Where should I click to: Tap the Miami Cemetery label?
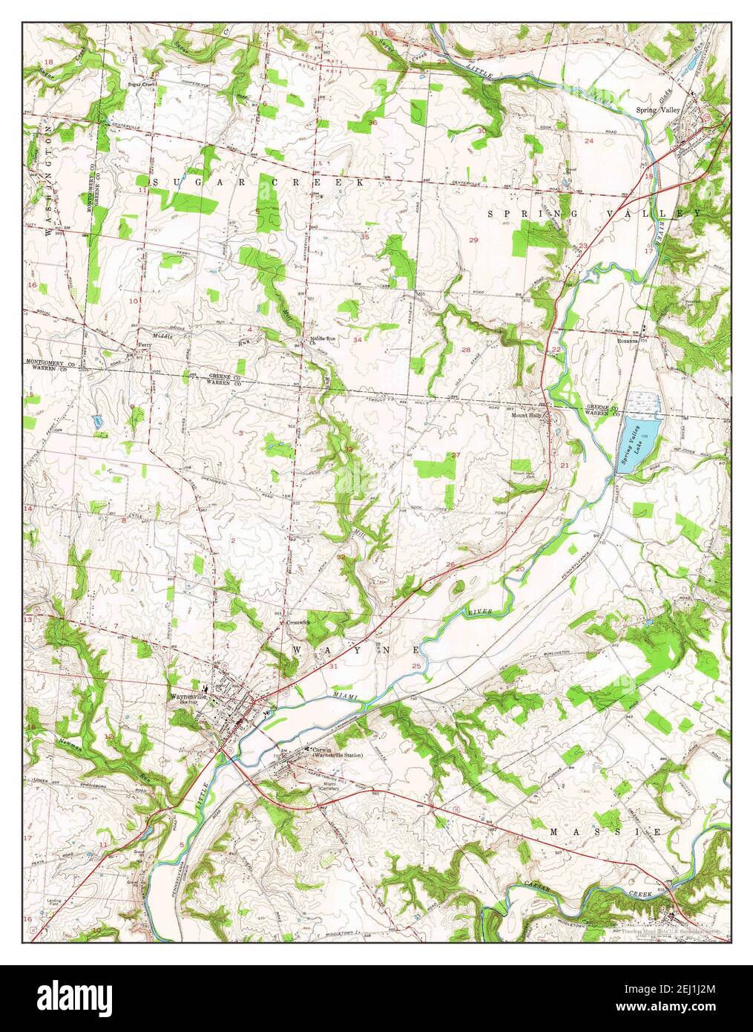tap(330, 786)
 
